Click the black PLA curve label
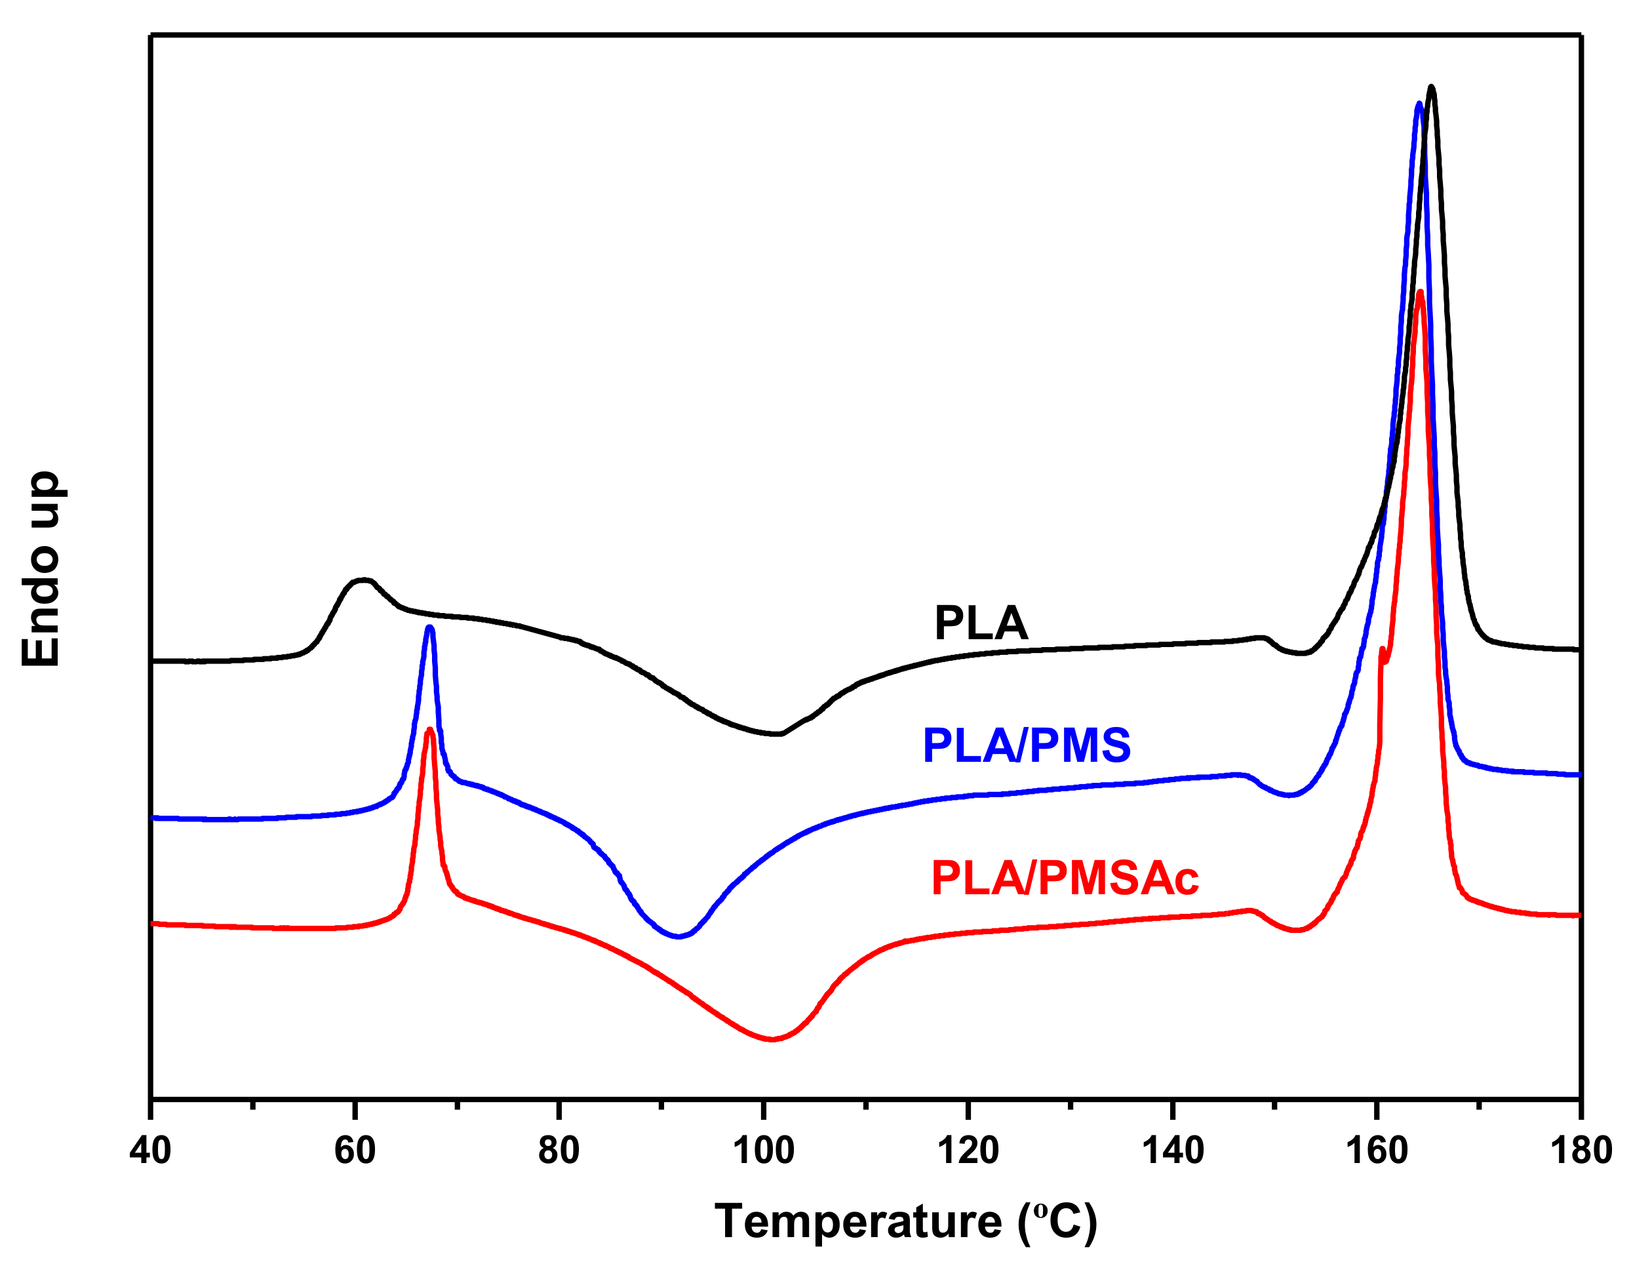pos(981,623)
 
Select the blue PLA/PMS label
pos(1027,745)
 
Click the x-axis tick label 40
pos(150,1150)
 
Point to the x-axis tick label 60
pos(355,1150)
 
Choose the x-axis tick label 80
pos(559,1150)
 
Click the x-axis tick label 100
pos(763,1150)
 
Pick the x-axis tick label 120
pos(968,1150)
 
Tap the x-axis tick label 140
pos(1173,1150)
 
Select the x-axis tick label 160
pos(1377,1150)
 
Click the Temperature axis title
pos(906,1222)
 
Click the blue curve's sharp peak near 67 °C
pos(429,629)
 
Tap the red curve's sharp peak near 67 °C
pos(429,730)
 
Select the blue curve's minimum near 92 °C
pos(677,936)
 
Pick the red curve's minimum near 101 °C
pos(772,1038)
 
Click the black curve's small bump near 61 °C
pos(363,580)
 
